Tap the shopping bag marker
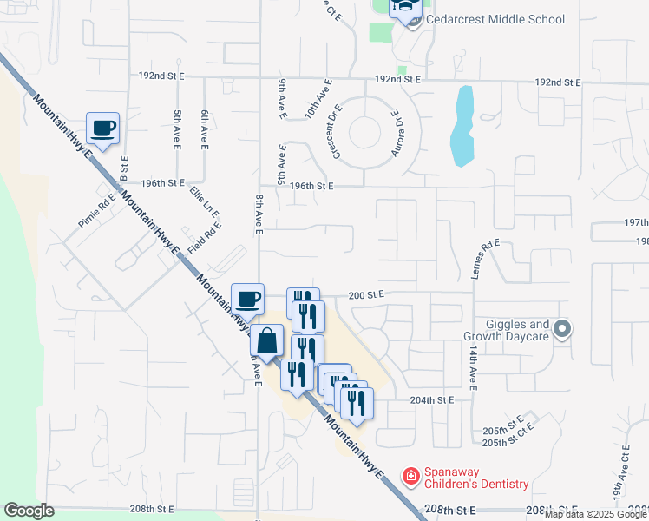(x=267, y=340)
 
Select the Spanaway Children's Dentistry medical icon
(x=410, y=476)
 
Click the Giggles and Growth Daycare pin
(x=562, y=328)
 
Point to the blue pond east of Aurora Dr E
(x=462, y=126)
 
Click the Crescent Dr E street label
(x=336, y=131)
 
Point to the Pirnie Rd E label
(x=95, y=212)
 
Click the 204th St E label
(x=433, y=400)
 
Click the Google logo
(x=29, y=511)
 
